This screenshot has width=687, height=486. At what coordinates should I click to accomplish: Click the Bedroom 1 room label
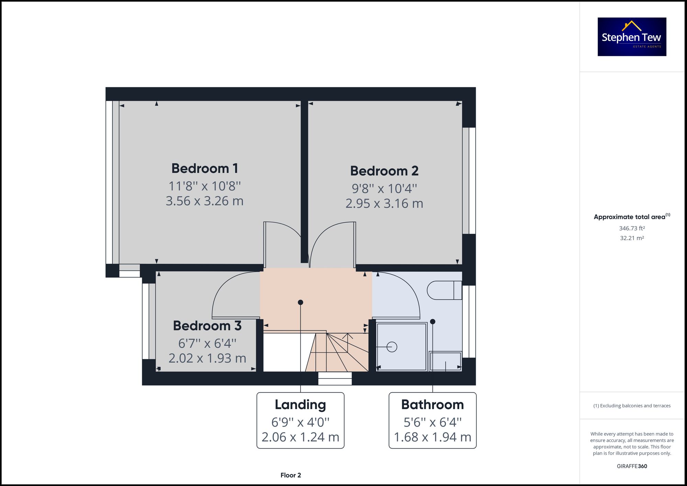(x=205, y=168)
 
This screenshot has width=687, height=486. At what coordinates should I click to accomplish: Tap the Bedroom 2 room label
(x=384, y=171)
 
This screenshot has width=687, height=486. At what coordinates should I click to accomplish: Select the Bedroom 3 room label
(x=207, y=326)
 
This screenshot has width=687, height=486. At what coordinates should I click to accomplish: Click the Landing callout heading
(x=300, y=405)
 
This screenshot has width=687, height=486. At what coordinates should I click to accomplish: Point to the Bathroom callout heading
(x=432, y=405)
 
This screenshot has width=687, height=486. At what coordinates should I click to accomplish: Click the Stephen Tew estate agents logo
(x=632, y=37)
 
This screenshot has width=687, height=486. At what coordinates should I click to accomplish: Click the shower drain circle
(x=392, y=347)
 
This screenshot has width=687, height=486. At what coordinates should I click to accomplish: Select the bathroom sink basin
(x=446, y=361)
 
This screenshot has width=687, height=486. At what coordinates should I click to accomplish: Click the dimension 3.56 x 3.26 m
(x=205, y=201)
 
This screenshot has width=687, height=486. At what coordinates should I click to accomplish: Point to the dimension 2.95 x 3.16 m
(x=384, y=203)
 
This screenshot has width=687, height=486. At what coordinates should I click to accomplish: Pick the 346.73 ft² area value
(x=632, y=228)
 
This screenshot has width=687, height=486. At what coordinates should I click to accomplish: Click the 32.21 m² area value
(x=632, y=238)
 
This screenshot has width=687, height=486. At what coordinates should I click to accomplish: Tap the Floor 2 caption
(x=291, y=475)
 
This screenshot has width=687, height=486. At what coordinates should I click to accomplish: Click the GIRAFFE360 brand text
(x=632, y=466)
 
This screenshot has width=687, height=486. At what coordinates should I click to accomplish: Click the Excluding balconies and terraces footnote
(x=632, y=406)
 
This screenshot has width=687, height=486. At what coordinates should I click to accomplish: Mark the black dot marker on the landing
(x=301, y=302)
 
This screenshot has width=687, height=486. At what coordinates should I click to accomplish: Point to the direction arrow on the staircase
(x=348, y=337)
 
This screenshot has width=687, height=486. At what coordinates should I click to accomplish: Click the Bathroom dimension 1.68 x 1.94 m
(x=432, y=437)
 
